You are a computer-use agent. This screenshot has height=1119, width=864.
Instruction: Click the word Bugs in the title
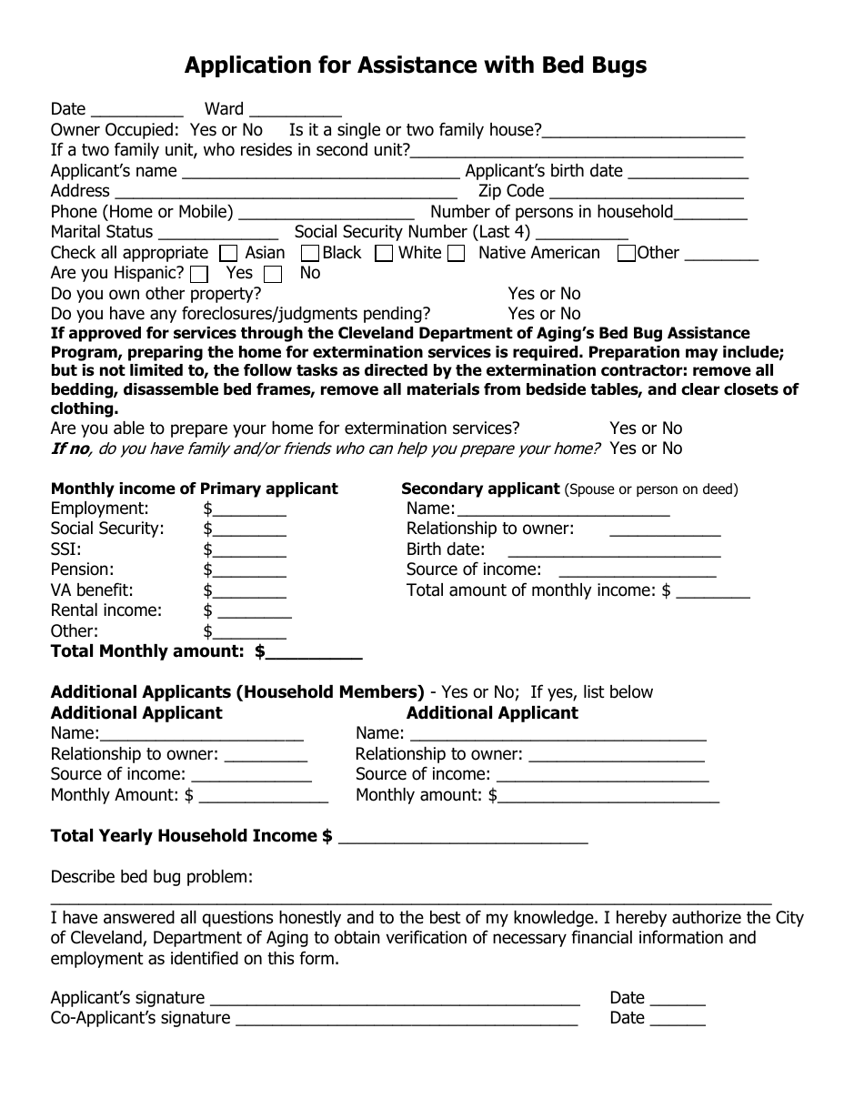pyautogui.click(x=613, y=66)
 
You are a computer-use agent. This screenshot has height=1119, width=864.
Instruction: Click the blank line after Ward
pyautogui.click(x=295, y=111)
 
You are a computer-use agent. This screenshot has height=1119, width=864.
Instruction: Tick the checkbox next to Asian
pyautogui.click(x=230, y=254)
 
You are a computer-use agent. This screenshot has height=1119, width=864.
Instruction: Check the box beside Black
pyautogui.click(x=309, y=254)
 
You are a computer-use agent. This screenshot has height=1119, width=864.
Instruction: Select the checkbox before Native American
pyautogui.click(x=457, y=254)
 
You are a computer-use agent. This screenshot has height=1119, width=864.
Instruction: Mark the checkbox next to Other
pyautogui.click(x=626, y=254)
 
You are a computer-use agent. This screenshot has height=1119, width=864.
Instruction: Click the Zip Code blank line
pyautogui.click(x=647, y=193)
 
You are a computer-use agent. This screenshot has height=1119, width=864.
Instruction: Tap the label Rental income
pyautogui.click(x=105, y=610)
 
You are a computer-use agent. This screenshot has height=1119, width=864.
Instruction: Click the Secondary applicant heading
pyautogui.click(x=480, y=489)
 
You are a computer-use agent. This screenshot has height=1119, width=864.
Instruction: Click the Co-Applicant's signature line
pyautogui.click(x=407, y=1020)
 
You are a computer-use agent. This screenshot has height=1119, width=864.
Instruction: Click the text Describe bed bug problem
pyautogui.click(x=151, y=877)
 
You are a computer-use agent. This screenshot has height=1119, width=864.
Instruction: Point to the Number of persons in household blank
pyautogui.click(x=710, y=214)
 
